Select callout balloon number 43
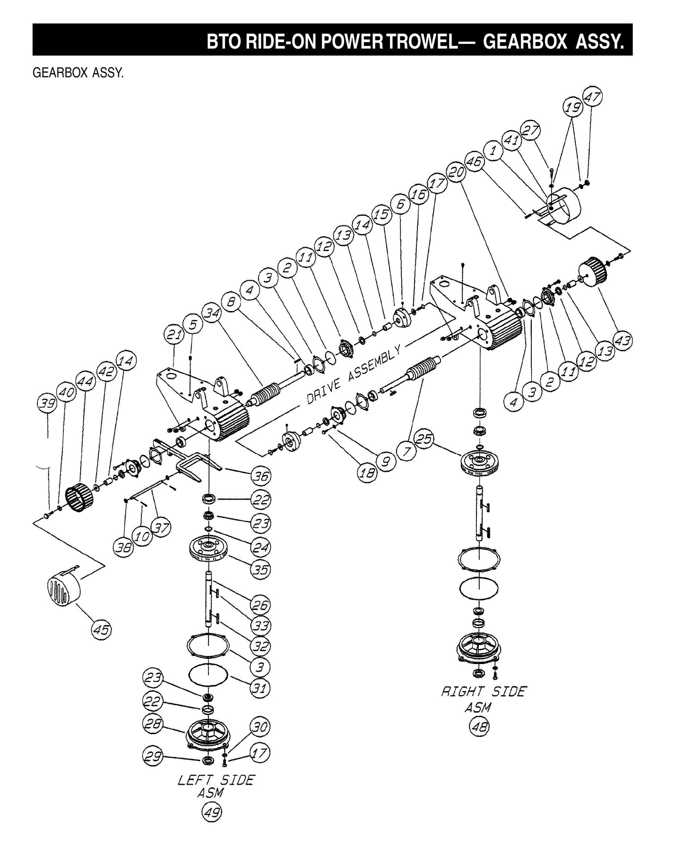pos(623,340)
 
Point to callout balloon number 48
pos(478,726)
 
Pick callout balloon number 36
pos(261,476)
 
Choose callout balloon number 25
pos(424,439)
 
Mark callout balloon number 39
pos(48,403)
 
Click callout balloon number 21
pos(173,335)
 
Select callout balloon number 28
pos(153,725)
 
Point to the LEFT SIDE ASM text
pos(216,785)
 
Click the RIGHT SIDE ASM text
pos(483,699)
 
